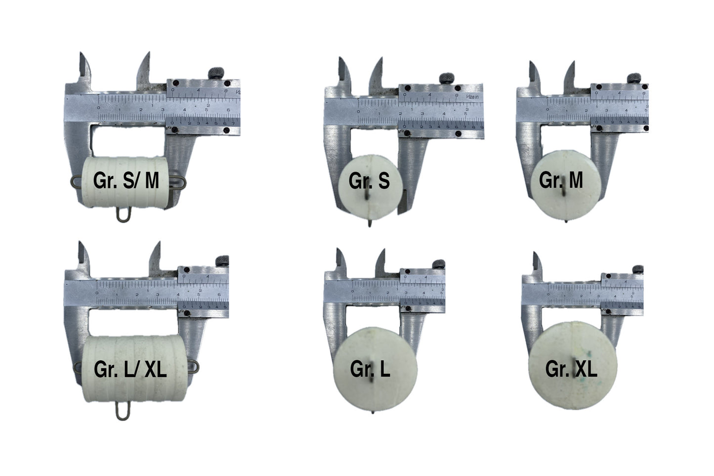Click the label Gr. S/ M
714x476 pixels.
tap(126, 181)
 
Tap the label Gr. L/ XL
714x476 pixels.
tap(130, 370)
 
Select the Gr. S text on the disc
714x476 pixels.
tap(369, 181)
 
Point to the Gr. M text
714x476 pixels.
tap(561, 180)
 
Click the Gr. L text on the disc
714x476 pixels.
tap(370, 369)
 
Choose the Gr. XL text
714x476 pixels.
tap(571, 369)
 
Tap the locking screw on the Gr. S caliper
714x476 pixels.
tap(448, 79)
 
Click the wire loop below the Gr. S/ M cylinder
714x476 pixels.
tap(123, 215)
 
